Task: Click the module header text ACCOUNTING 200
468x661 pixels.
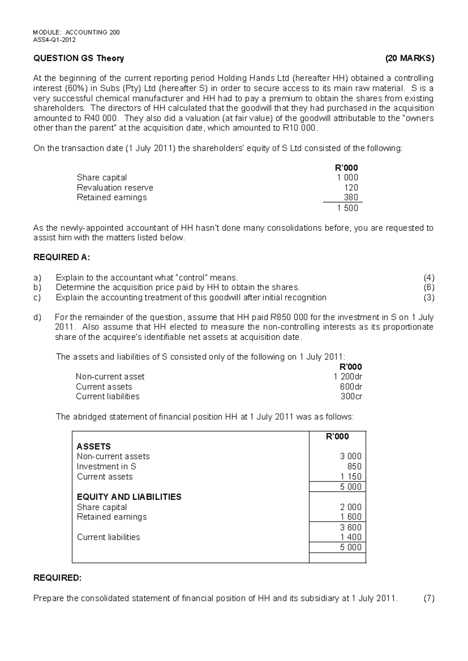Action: tap(92, 32)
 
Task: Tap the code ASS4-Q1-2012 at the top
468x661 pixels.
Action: tap(55, 40)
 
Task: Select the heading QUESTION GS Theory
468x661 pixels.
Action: tap(79, 58)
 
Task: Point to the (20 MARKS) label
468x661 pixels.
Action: tap(409, 58)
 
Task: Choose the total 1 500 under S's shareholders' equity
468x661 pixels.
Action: tap(347, 208)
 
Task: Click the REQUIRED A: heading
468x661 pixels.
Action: tap(62, 257)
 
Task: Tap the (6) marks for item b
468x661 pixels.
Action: tap(429, 288)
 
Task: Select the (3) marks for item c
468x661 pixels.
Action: tap(429, 298)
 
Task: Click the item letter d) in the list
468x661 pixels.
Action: tap(37, 317)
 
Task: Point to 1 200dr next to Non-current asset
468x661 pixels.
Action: tap(348, 377)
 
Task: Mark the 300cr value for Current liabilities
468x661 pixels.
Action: tap(351, 396)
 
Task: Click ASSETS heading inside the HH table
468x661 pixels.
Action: tap(94, 447)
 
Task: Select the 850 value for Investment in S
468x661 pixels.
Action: tap(354, 467)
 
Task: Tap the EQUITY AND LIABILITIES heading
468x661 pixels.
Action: tap(129, 497)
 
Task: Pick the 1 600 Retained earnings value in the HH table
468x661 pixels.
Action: tap(351, 517)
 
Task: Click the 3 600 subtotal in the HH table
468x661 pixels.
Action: tap(351, 527)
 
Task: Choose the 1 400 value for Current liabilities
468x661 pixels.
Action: tap(351, 537)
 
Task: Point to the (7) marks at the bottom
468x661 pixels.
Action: tap(429, 599)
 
